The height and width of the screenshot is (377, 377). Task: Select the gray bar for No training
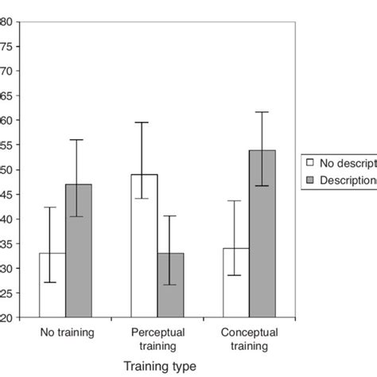click(x=78, y=251)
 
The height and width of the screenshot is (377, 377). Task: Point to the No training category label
click(x=65, y=329)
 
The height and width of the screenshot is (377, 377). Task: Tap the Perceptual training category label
click(x=157, y=336)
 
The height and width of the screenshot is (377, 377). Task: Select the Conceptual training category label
click(x=249, y=336)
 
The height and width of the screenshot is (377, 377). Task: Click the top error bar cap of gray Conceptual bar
click(x=262, y=112)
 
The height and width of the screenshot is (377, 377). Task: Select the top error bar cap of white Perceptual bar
click(x=145, y=122)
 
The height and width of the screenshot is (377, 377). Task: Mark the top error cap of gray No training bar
click(x=78, y=140)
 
